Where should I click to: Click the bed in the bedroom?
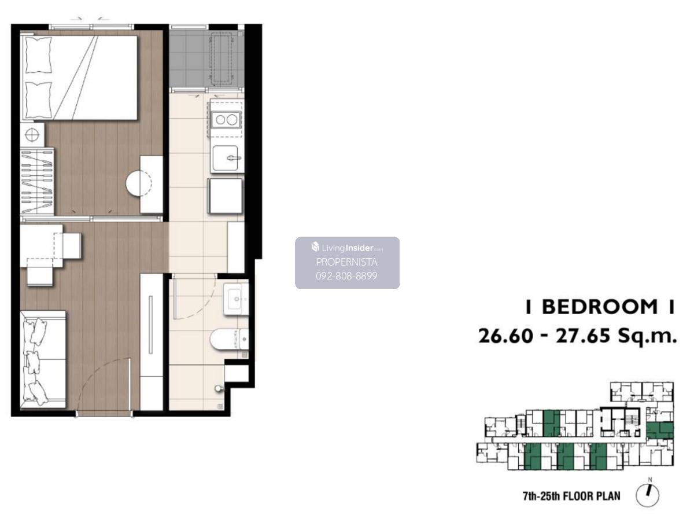(x=79, y=78)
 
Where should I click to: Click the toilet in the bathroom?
(x=229, y=339)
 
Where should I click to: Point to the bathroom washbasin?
(x=236, y=299)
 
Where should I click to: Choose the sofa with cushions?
(x=43, y=358)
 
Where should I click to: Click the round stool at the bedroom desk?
(x=139, y=183)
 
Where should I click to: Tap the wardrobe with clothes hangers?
(x=37, y=182)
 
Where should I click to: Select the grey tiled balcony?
(x=206, y=58)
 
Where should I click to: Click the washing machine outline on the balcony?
(x=222, y=58)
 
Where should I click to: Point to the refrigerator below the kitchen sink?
(x=225, y=196)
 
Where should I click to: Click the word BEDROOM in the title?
(x=600, y=307)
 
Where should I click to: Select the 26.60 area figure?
(x=505, y=336)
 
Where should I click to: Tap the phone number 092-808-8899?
(x=346, y=276)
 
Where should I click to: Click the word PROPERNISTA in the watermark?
(x=347, y=262)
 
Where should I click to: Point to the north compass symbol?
(x=648, y=495)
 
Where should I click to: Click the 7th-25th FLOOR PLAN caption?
(x=571, y=496)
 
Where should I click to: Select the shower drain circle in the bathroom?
(x=218, y=388)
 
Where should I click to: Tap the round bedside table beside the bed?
(x=32, y=135)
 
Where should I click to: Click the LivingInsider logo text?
(x=347, y=248)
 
